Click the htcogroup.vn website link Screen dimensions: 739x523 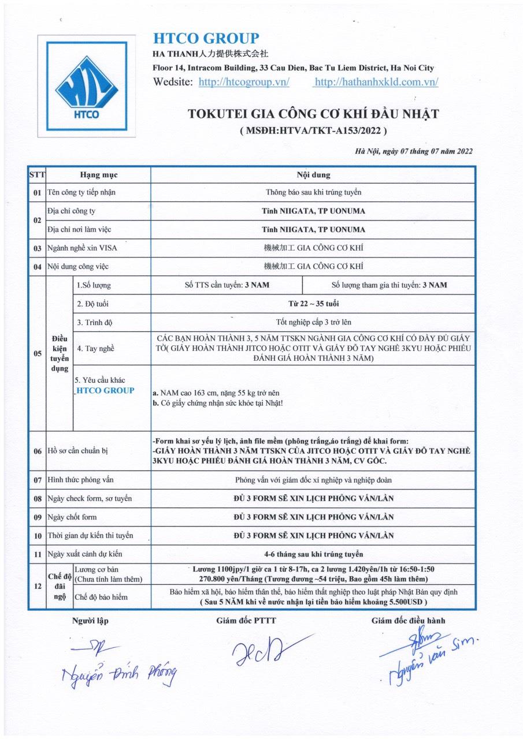[x=244, y=82]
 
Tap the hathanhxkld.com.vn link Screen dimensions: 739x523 [x=376, y=82]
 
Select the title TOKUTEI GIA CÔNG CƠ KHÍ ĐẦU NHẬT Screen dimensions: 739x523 [x=313, y=114]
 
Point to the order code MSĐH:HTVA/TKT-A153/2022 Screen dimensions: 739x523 [x=313, y=130]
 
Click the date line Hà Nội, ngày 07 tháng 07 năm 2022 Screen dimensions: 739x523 [x=414, y=152]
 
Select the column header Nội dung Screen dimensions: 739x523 [x=313, y=174]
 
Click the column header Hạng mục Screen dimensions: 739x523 [x=98, y=174]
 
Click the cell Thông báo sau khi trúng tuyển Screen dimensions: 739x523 [x=313, y=192]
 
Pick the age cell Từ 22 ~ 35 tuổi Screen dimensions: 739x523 [x=313, y=304]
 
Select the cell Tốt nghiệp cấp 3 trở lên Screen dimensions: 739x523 [x=313, y=322]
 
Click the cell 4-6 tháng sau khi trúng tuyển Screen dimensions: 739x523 [x=313, y=554]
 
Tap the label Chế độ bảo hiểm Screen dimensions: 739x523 [x=101, y=596]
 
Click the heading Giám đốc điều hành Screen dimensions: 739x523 [x=408, y=621]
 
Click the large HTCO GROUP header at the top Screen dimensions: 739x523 [x=206, y=39]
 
